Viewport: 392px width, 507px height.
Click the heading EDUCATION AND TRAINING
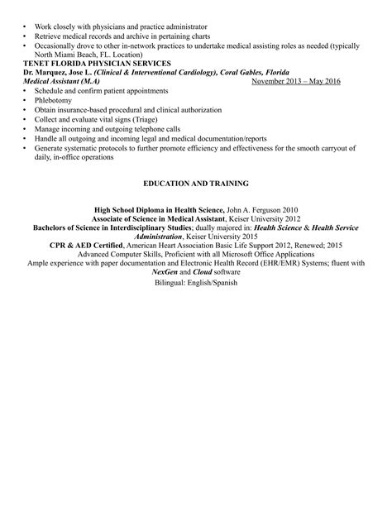pos(195,182)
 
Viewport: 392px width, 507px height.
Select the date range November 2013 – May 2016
pos(296,82)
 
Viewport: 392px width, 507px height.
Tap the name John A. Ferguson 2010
pos(263,211)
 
